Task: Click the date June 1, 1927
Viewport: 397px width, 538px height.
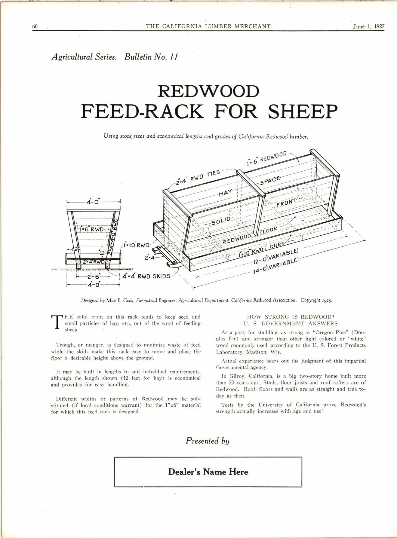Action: tap(368, 26)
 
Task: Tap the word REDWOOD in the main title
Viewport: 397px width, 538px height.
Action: tap(208, 91)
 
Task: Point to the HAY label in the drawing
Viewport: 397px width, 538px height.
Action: tap(225, 193)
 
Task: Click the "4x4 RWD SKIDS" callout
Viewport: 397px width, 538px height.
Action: tap(146, 276)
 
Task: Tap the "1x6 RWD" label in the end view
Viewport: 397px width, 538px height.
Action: tap(91, 229)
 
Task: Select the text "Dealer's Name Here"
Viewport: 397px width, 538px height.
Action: tap(208, 472)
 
